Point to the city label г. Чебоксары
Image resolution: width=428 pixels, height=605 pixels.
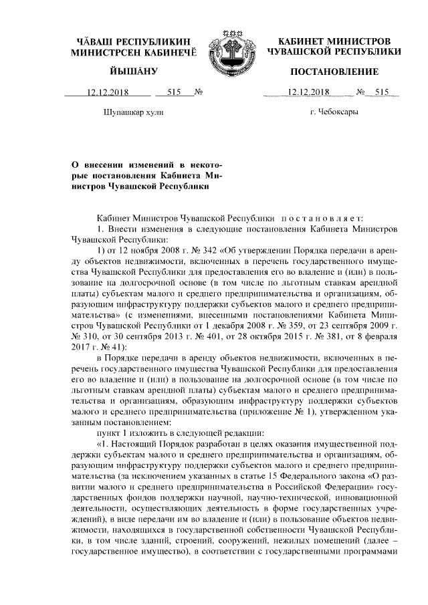pos(334,112)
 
